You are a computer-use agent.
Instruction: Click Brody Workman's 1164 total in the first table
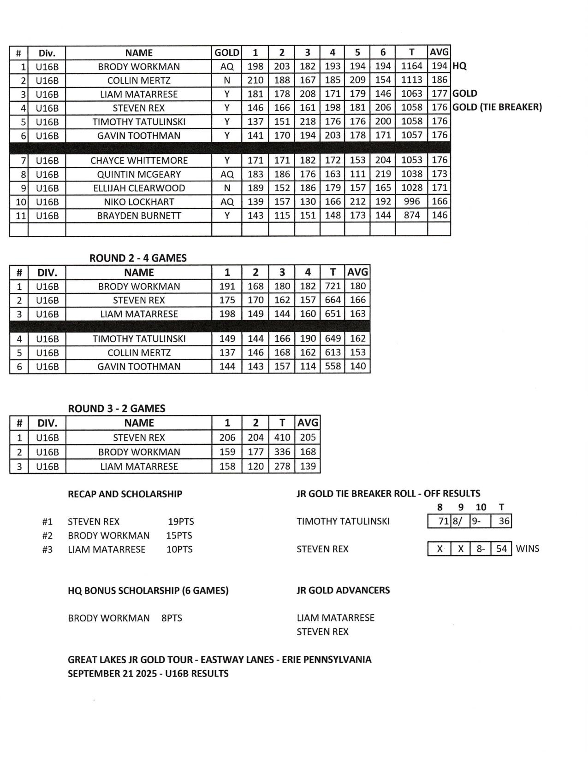411,66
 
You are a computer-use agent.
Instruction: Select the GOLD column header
227,53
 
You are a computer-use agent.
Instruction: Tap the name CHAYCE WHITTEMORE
139,160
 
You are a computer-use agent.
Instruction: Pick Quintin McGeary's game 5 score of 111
357,174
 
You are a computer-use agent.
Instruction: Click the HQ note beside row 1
459,66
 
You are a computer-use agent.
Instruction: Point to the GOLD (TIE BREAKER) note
497,107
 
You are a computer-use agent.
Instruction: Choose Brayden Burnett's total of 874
411,216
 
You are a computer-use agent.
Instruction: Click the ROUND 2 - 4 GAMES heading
138,258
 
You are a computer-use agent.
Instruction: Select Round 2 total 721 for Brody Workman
333,286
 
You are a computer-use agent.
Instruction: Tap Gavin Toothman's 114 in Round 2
308,367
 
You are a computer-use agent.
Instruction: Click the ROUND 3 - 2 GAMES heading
117,409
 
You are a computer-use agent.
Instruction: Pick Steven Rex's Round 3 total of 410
282,438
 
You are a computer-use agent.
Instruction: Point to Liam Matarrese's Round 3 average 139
308,467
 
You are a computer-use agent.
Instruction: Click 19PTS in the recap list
181,522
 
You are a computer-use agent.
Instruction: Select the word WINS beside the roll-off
527,549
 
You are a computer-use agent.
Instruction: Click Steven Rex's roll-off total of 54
502,549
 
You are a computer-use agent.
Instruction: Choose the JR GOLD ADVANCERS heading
343,590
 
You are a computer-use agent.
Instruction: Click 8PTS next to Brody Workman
172,618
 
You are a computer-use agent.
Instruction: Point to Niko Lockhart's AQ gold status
227,202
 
